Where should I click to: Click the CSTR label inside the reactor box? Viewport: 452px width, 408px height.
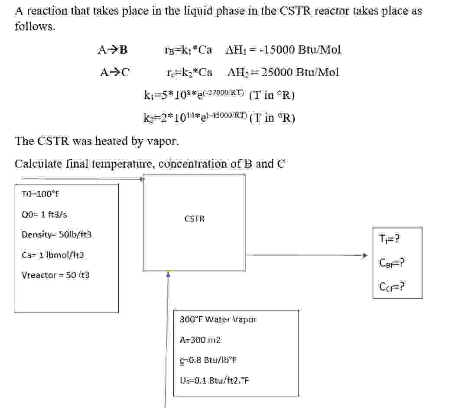[x=194, y=219]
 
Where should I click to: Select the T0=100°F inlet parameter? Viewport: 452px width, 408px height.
[x=40, y=193]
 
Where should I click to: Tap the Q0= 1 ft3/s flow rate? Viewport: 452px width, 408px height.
[x=44, y=214]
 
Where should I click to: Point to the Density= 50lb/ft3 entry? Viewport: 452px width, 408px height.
[x=56, y=235]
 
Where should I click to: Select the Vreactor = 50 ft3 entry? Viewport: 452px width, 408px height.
[x=56, y=275]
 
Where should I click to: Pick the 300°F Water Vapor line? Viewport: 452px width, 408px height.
[x=218, y=320]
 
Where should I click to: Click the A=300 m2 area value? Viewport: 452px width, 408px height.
[x=200, y=340]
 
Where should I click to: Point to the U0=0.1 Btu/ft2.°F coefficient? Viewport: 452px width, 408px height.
[x=214, y=380]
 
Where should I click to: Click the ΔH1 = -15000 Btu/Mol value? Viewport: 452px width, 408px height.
[x=283, y=50]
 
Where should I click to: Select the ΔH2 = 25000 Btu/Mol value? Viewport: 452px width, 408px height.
[x=283, y=72]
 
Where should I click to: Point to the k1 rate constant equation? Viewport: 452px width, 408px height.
[x=219, y=94]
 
